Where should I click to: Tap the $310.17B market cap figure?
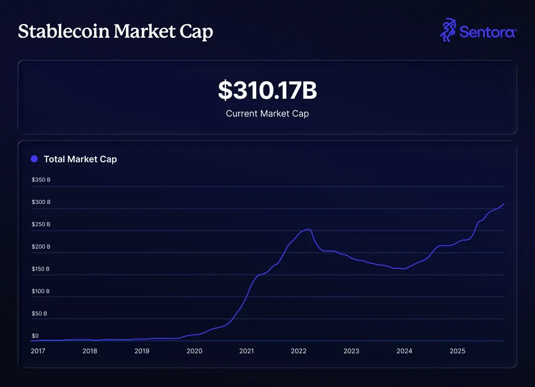pyautogui.click(x=267, y=90)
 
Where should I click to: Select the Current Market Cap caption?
pyautogui.click(x=267, y=114)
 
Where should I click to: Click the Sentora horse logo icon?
pyautogui.click(x=448, y=30)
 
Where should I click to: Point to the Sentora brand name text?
pyautogui.click(x=488, y=32)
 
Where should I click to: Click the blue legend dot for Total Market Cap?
pyautogui.click(x=34, y=159)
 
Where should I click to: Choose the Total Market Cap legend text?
pyautogui.click(x=80, y=159)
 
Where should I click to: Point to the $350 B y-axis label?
pyautogui.click(x=41, y=180)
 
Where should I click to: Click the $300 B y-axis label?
pyautogui.click(x=41, y=202)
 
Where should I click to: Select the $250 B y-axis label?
pyautogui.click(x=41, y=224)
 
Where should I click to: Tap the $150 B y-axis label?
pyautogui.click(x=41, y=269)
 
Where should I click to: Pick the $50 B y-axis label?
pyautogui.click(x=40, y=314)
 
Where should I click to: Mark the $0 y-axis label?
pyautogui.click(x=35, y=336)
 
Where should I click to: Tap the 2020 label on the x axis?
pyautogui.click(x=194, y=351)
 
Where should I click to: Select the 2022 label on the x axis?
pyautogui.click(x=299, y=351)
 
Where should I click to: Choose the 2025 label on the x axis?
pyautogui.click(x=457, y=351)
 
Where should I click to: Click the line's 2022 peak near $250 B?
pyautogui.click(x=308, y=229)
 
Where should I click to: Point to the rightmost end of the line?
pyautogui.click(x=504, y=204)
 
